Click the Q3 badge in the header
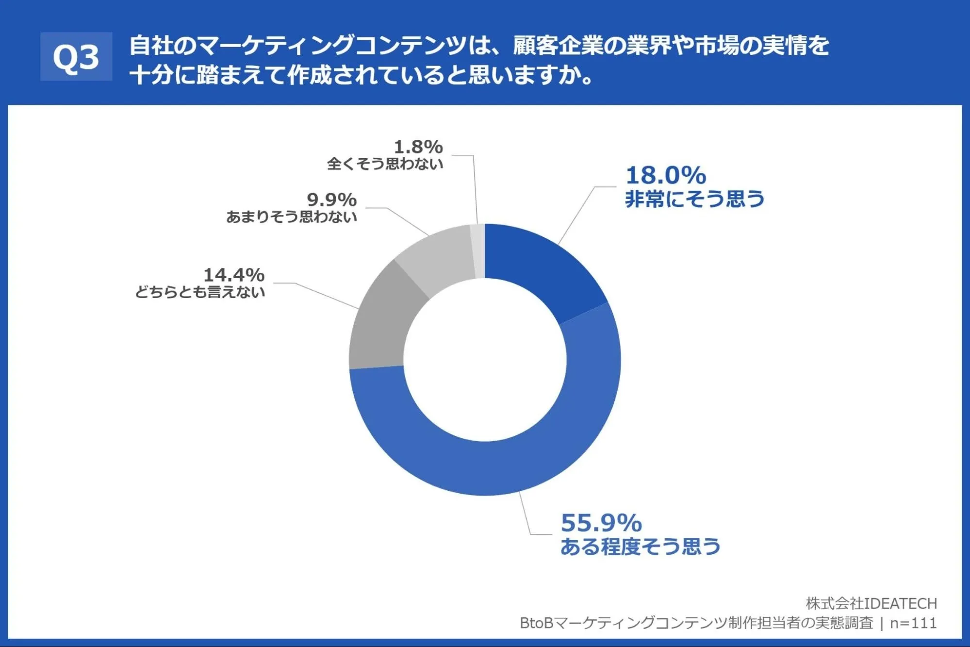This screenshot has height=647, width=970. point(76,56)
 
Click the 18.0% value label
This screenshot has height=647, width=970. point(666,175)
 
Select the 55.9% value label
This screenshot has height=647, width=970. point(601,523)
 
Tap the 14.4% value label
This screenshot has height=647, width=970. point(234,275)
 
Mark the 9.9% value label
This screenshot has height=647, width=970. point(332,199)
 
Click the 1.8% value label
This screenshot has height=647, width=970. point(418,147)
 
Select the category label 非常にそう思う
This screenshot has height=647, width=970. point(694,199)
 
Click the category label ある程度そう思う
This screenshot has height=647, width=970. point(640,547)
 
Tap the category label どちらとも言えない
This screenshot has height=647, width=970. point(200,292)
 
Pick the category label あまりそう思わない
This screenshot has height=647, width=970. point(292,216)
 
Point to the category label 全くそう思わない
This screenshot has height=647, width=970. point(385,164)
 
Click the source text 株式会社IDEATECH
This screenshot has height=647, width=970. point(871,603)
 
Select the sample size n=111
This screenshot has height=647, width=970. point(913,623)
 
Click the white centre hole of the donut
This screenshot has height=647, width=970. point(485,360)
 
